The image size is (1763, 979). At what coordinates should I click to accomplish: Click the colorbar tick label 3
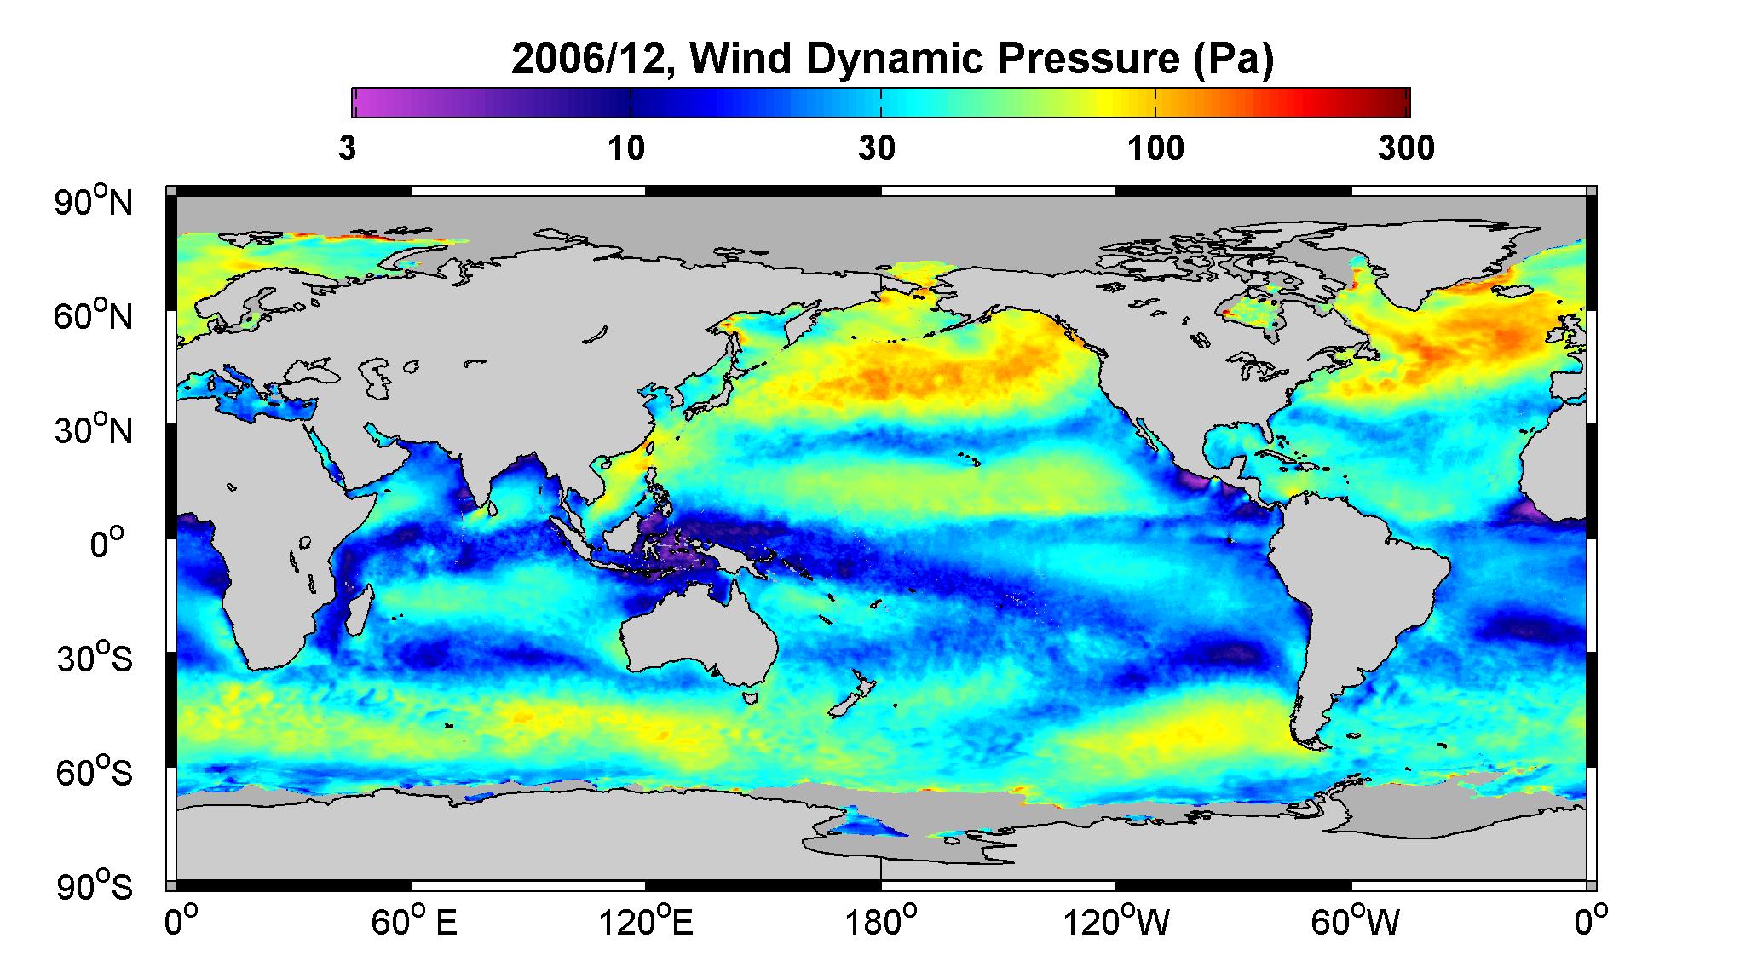click(347, 149)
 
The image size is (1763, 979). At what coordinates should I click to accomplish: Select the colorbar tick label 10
click(627, 149)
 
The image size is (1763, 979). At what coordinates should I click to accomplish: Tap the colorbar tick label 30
click(878, 149)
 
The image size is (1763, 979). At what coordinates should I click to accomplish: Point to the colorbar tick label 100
click(1156, 149)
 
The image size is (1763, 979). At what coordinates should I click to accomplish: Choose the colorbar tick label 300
click(1406, 149)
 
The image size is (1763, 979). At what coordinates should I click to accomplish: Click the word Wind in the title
click(750, 60)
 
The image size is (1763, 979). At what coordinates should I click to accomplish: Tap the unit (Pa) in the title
click(1233, 61)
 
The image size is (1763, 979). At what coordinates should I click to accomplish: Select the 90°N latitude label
click(95, 202)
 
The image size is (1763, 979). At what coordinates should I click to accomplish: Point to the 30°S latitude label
click(95, 659)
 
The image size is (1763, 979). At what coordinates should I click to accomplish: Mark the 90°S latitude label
click(95, 887)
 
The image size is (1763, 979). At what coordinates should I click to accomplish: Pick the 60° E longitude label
click(414, 922)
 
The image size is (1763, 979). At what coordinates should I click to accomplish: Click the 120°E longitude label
click(646, 922)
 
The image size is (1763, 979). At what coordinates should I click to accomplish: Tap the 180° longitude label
click(881, 922)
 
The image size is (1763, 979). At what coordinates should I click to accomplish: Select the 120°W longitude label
click(1116, 922)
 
